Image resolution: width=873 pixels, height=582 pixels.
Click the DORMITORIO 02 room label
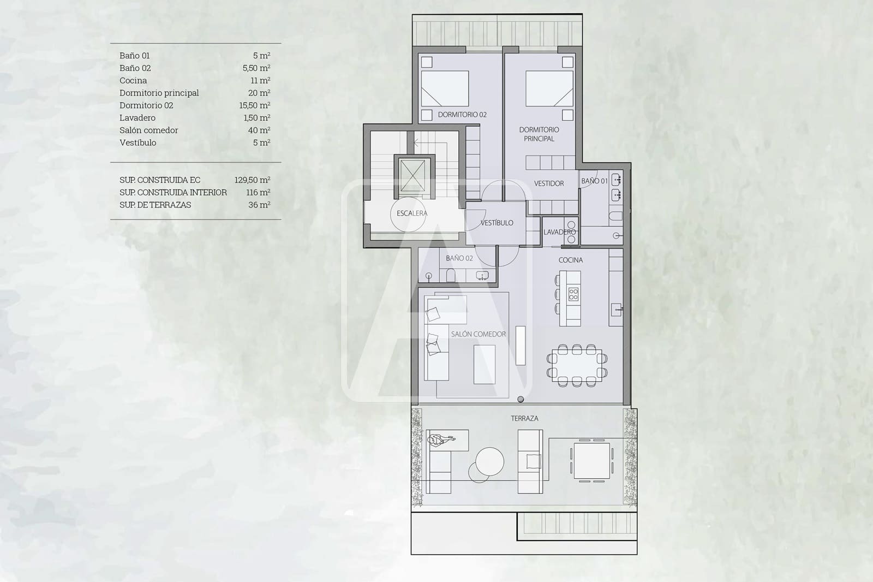tap(462, 115)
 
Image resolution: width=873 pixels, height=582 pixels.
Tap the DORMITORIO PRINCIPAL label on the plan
tap(539, 134)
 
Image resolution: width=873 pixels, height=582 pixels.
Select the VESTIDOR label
tap(548, 183)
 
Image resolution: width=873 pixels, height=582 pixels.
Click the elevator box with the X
tap(412, 176)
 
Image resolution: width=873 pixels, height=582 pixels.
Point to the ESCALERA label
tap(411, 213)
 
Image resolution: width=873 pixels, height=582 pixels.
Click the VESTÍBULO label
tap(497, 223)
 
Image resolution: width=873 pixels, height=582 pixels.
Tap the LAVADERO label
tap(559, 232)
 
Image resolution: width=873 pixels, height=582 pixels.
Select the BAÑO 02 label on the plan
tap(459, 258)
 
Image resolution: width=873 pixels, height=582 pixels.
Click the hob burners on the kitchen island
tap(573, 295)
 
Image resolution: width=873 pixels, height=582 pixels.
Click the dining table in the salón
tap(577, 366)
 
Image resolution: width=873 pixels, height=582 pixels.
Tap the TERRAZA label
tap(524, 418)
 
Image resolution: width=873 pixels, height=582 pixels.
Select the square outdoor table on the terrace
tap(591, 461)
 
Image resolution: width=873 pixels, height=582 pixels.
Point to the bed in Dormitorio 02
tap(445, 88)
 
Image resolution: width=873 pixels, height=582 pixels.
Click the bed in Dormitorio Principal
tap(549, 88)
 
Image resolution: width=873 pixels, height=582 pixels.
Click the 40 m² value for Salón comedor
tap(259, 130)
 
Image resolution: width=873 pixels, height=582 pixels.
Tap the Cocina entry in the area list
tap(133, 80)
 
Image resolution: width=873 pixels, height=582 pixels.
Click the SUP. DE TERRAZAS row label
tap(155, 205)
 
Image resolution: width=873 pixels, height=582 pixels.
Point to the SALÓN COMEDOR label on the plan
tap(478, 334)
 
